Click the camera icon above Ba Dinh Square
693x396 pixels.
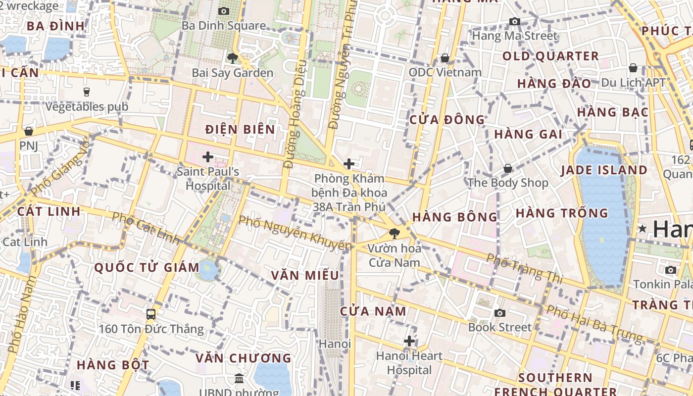tap(224, 11)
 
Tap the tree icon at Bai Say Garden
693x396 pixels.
tap(232, 58)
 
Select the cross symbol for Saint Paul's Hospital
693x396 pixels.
tap(208, 157)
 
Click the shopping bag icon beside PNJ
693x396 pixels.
tap(29, 131)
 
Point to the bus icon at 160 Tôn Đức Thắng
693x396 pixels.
tap(151, 314)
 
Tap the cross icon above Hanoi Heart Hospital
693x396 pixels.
tap(409, 341)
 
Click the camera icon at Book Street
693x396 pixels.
tap(500, 313)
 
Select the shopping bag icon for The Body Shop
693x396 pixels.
tap(508, 168)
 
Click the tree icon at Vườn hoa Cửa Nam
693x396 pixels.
tap(395, 233)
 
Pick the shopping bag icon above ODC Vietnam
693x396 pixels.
tap(445, 58)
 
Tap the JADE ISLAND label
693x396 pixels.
tap(604, 170)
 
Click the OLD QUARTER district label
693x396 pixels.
tap(550, 56)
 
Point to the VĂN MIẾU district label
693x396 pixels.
tap(305, 275)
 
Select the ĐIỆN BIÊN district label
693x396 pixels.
tap(240, 130)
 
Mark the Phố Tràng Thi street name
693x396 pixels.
tap(524, 268)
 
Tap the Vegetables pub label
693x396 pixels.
tap(87, 106)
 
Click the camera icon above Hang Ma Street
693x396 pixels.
tap(515, 21)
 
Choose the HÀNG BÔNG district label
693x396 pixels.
tap(454, 217)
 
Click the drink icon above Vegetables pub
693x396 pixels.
tap(87, 92)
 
